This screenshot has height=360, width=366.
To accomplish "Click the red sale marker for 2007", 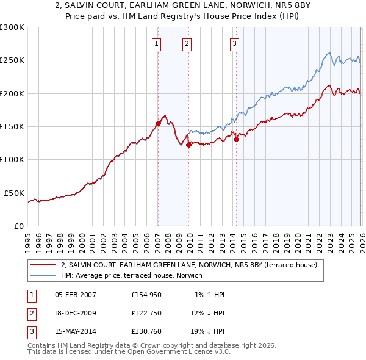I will click(158, 123).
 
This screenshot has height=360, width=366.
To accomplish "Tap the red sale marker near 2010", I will click(189, 145).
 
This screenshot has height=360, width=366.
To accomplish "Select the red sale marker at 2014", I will click(236, 139).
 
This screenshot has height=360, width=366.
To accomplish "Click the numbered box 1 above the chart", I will click(157, 43).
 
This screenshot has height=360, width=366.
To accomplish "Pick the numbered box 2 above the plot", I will click(186, 43).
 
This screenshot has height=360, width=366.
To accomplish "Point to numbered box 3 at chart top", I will click(234, 43).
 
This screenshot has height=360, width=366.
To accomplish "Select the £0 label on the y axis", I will click(18, 226).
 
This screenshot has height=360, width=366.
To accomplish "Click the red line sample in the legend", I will click(43, 265).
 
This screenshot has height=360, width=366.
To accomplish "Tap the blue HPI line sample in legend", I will click(43, 276).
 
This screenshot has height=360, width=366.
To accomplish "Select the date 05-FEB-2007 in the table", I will click(75, 295).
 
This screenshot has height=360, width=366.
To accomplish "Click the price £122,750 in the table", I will click(145, 313).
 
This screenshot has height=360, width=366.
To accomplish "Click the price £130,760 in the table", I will click(145, 331).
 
